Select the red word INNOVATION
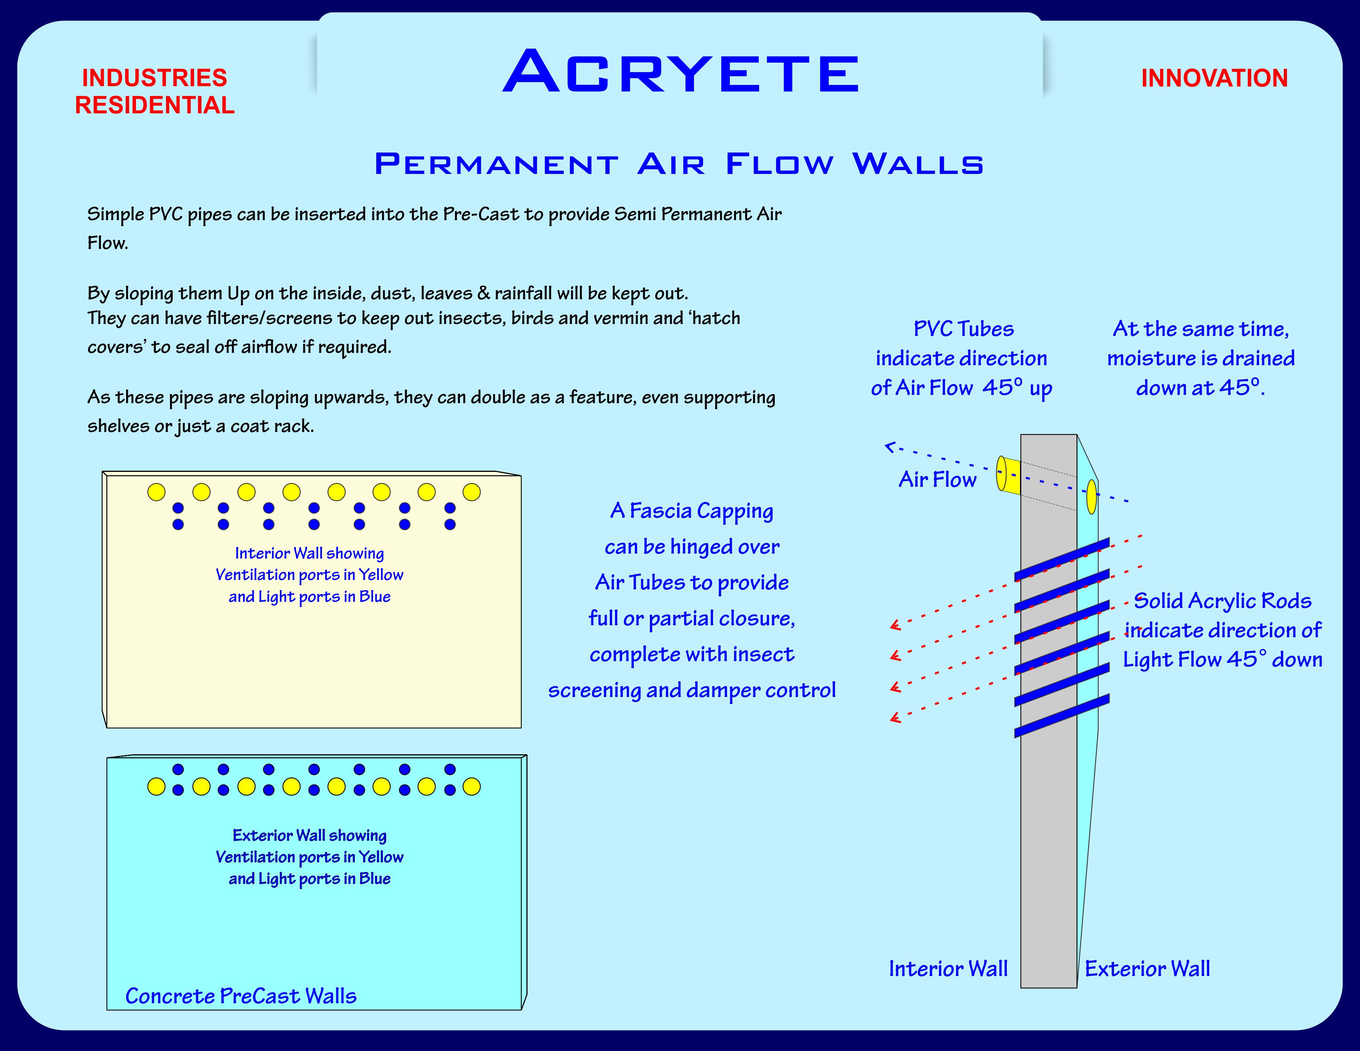pos(1214,78)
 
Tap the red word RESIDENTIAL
pos(155,105)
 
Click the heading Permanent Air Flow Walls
pos(679,164)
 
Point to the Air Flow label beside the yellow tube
pos(937,479)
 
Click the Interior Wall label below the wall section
pos(948,969)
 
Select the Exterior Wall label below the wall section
pos(1147,969)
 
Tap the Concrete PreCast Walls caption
pos(241,996)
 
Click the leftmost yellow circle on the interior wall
pos(156,492)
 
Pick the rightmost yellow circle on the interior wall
pos(471,492)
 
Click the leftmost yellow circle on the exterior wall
pos(156,787)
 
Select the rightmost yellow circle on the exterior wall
pos(471,787)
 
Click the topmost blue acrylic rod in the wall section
pos(1062,560)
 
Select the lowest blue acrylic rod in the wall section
pos(1062,716)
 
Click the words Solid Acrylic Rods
pos(1222,601)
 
